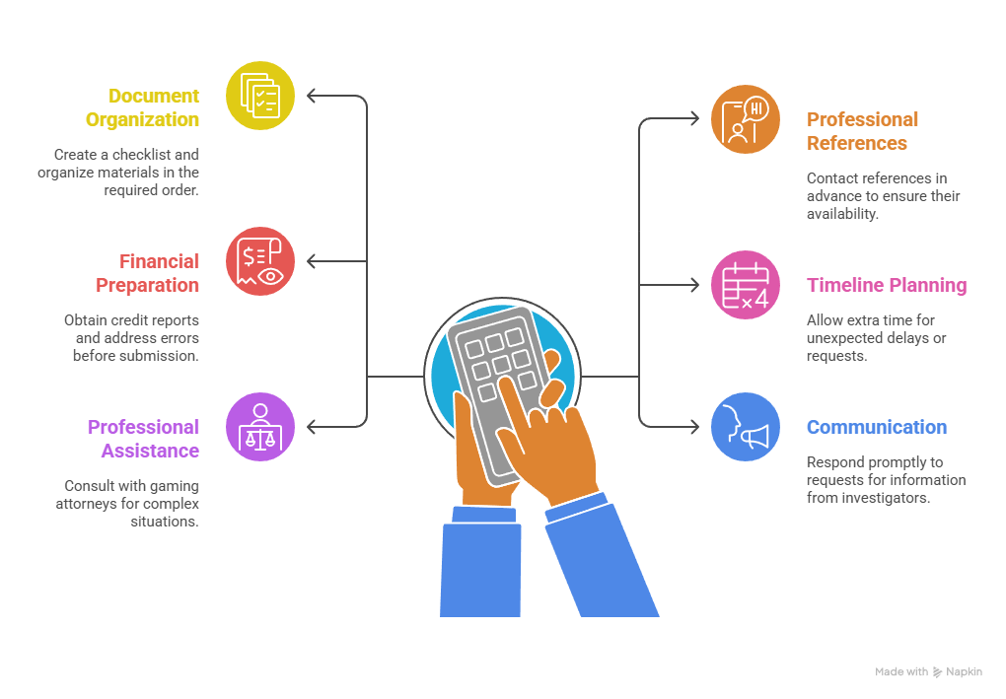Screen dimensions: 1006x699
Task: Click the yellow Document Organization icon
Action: click(x=259, y=96)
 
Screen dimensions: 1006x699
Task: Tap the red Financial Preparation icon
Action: click(x=259, y=261)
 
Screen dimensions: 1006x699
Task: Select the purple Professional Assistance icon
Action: click(x=259, y=427)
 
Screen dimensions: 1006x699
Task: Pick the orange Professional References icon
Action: click(x=746, y=119)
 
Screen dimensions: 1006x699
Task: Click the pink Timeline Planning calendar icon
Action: click(x=746, y=285)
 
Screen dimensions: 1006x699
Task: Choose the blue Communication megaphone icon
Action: click(x=746, y=427)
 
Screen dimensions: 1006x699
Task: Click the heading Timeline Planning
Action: click(x=887, y=285)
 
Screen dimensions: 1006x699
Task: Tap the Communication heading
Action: click(x=877, y=427)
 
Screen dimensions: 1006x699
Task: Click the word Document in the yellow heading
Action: click(x=154, y=96)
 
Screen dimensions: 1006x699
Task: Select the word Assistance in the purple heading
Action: click(x=150, y=451)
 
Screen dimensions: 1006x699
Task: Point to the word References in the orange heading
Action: click(x=856, y=143)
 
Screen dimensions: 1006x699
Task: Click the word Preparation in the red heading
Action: click(x=148, y=285)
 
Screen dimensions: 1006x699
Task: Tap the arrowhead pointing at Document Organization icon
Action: click(x=312, y=96)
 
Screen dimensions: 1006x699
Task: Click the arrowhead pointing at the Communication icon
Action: click(x=694, y=427)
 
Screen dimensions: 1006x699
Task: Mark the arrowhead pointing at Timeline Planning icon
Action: click(x=694, y=285)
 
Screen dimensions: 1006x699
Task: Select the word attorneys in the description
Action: click(x=86, y=504)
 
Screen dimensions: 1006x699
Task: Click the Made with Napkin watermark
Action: click(x=928, y=671)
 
